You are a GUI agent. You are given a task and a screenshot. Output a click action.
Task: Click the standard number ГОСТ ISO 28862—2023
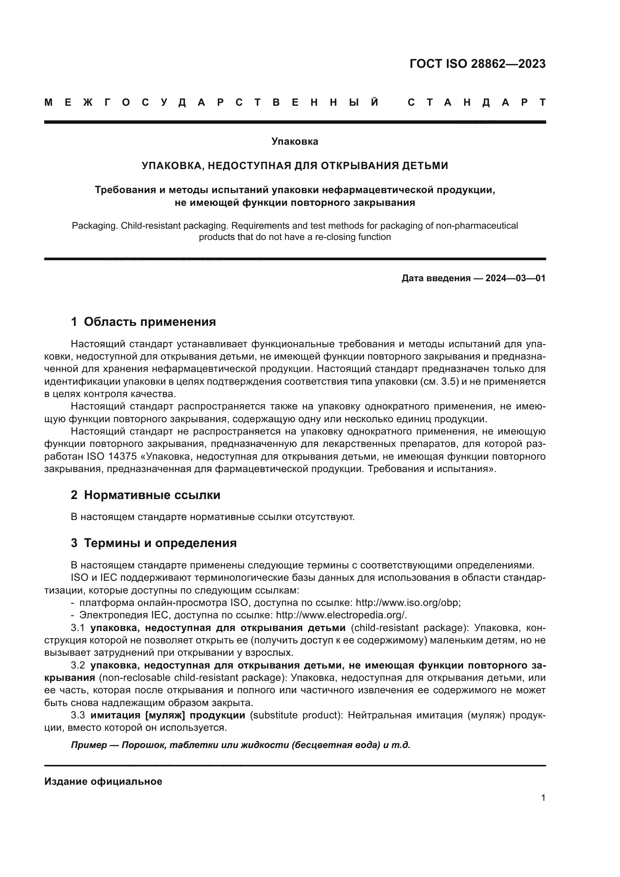pos(477,63)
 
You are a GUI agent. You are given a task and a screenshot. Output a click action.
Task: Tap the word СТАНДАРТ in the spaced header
pos(476,103)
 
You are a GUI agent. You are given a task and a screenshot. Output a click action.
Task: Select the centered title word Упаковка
pos(295,141)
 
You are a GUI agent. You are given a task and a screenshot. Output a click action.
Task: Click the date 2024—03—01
pos(515,278)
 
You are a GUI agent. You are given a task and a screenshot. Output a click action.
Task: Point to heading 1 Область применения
pos(143,322)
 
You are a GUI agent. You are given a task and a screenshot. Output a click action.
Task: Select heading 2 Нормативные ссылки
pos(145,495)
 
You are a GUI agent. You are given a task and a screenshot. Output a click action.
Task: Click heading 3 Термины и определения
pos(153,543)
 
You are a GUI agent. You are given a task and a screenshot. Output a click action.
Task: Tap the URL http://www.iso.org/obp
pos(408,603)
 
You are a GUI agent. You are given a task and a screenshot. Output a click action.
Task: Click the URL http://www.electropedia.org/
pos(340,615)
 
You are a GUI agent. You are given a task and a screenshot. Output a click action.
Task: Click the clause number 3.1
pos(78,628)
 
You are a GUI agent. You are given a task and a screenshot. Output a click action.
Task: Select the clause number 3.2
pos(78,666)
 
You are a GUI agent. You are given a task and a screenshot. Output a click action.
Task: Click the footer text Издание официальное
pos(103,781)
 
